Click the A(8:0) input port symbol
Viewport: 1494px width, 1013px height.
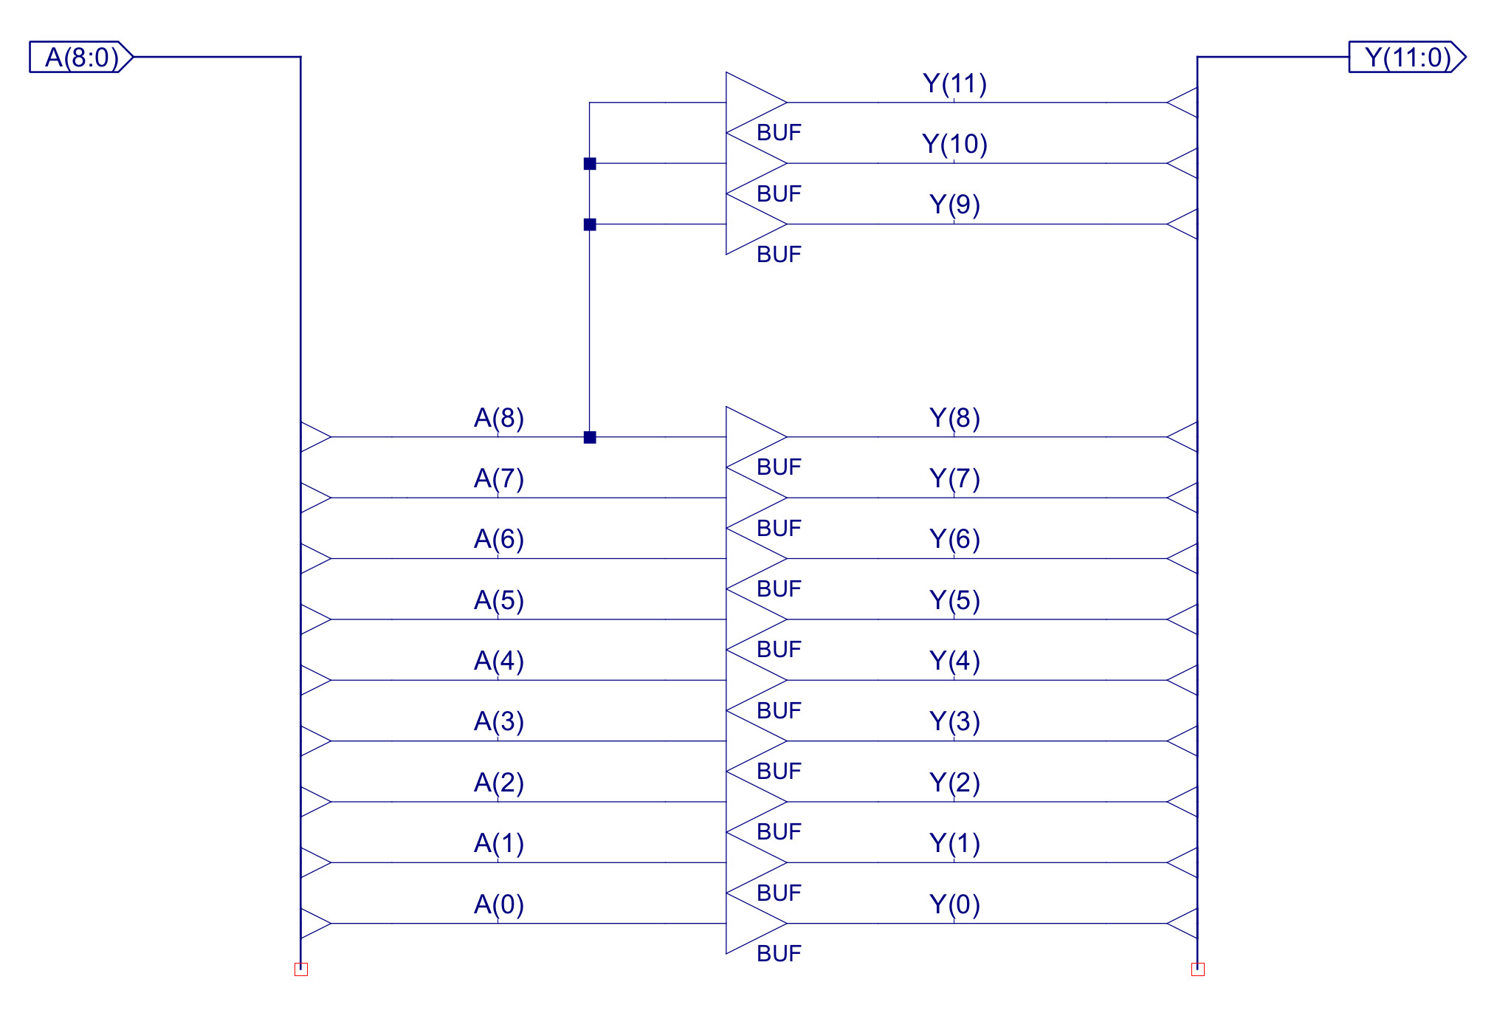click(x=81, y=57)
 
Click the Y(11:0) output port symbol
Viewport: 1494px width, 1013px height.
click(x=1407, y=57)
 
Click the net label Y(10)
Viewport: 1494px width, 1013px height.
click(x=954, y=144)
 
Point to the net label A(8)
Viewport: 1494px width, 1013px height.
click(x=499, y=418)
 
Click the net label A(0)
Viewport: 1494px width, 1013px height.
click(x=499, y=904)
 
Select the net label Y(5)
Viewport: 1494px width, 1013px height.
click(x=954, y=600)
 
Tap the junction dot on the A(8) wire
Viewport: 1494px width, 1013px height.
click(x=590, y=437)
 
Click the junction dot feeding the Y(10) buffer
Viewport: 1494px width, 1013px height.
click(x=590, y=163)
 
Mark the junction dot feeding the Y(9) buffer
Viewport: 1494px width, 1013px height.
click(x=590, y=224)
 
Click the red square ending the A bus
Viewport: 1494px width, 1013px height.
click(x=301, y=969)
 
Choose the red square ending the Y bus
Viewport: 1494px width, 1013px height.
click(x=1197, y=969)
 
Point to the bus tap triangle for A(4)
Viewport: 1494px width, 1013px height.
click(x=314, y=680)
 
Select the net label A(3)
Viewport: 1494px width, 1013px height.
click(x=499, y=721)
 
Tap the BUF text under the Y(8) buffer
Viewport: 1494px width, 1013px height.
click(x=779, y=467)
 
